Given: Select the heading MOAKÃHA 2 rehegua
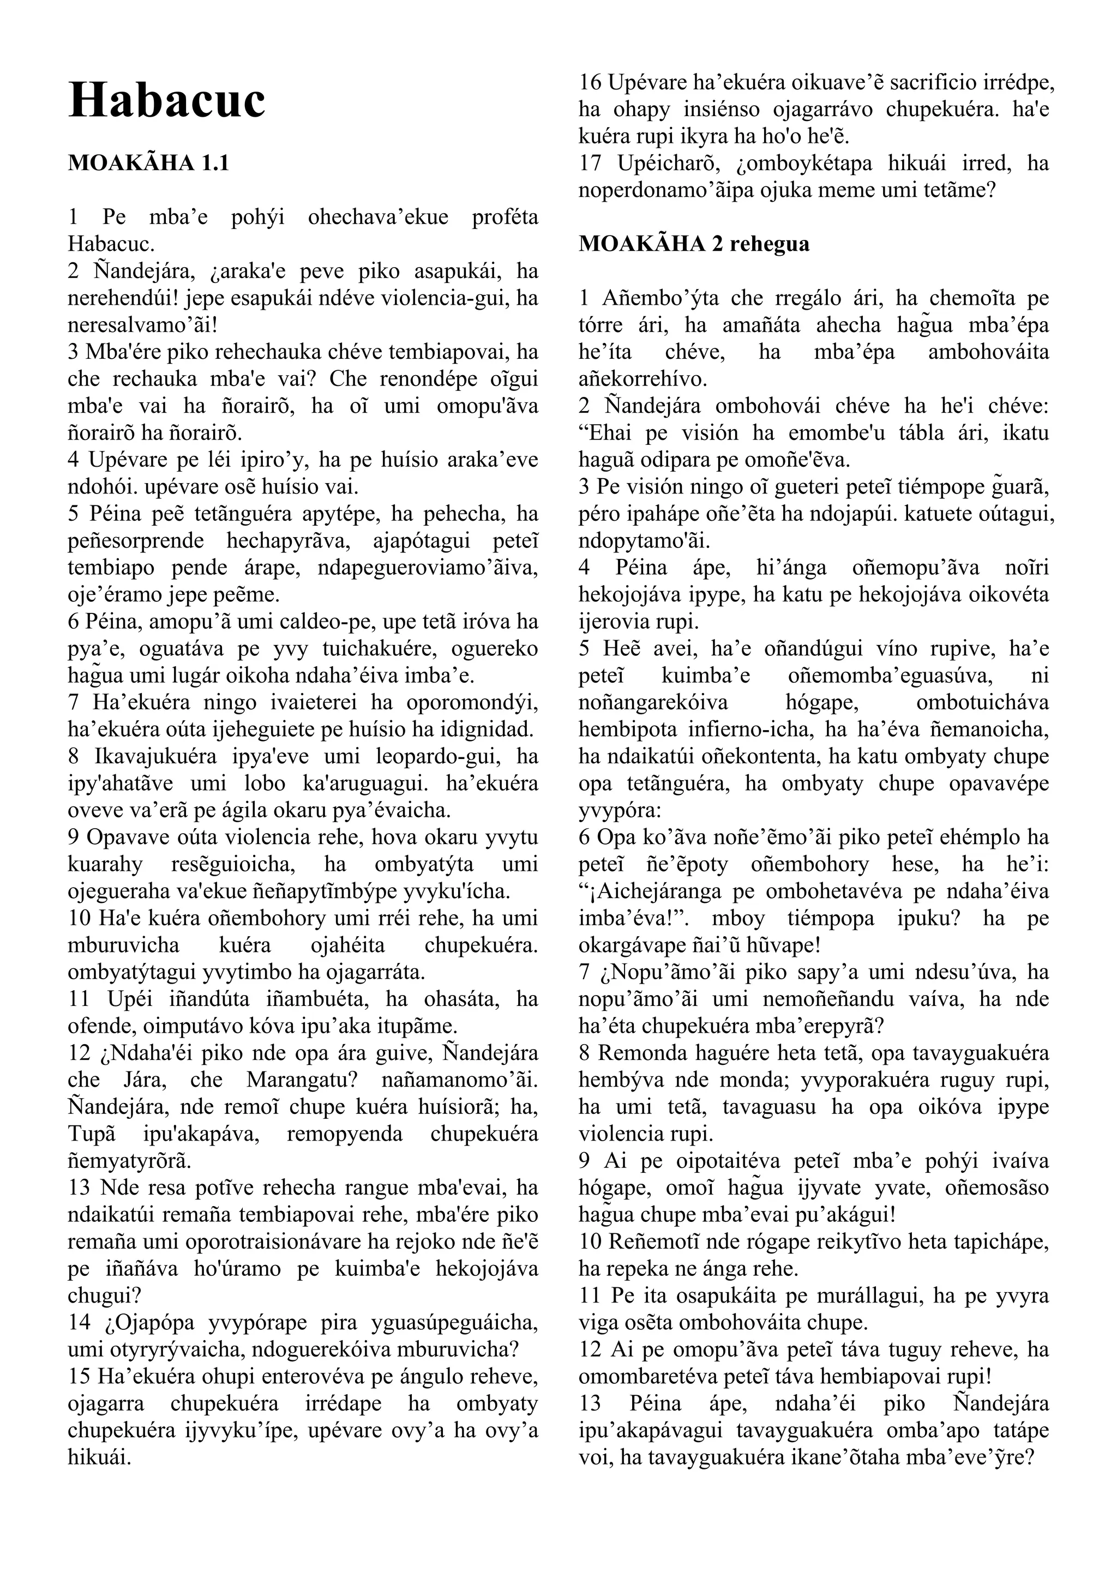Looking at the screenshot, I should tap(694, 244).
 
